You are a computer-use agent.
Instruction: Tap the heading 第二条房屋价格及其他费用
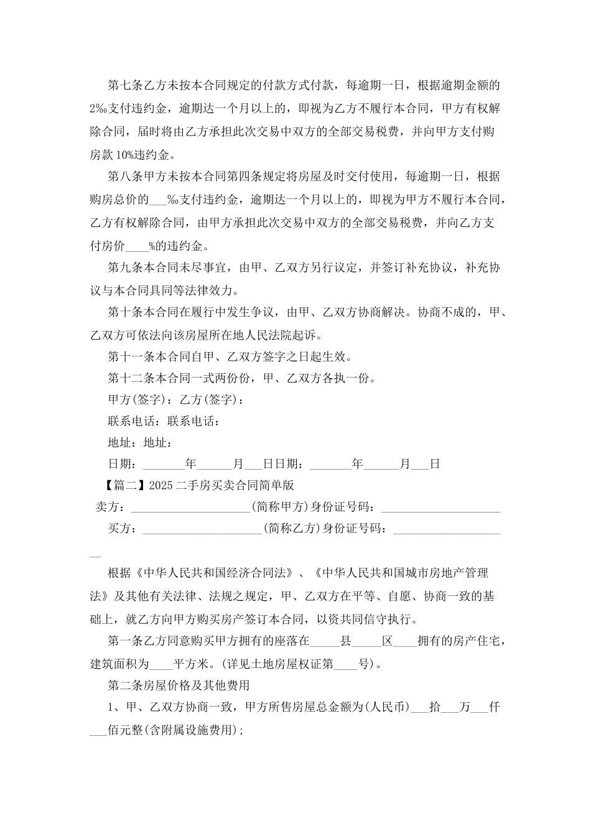pos(179,685)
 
